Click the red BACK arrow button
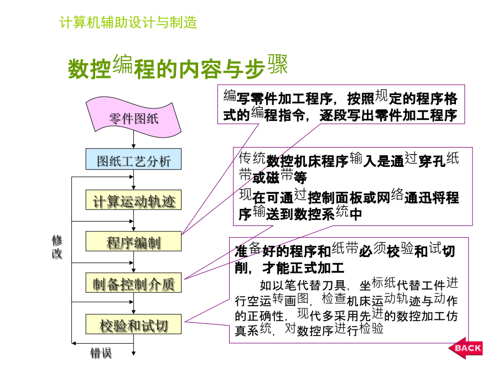pyautogui.click(x=465, y=348)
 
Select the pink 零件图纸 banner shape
pyautogui.click(x=133, y=118)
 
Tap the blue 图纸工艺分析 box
pyautogui.click(x=133, y=159)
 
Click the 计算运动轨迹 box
pyautogui.click(x=133, y=200)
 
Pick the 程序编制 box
pyautogui.click(x=133, y=241)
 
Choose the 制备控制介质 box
pyautogui.click(x=133, y=282)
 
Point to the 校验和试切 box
pyautogui.click(x=133, y=324)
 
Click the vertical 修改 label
pyautogui.click(x=57, y=247)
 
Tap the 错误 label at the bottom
pyautogui.click(x=101, y=353)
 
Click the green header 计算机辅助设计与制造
pyautogui.click(x=128, y=22)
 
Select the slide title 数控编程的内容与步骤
pyautogui.click(x=178, y=67)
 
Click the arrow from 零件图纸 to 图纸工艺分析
pyautogui.click(x=133, y=140)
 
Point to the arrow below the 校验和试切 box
pyautogui.click(x=133, y=345)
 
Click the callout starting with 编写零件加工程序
pyautogui.click(x=341, y=104)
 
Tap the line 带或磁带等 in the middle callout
pyautogui.click(x=273, y=176)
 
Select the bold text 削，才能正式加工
pyautogui.click(x=289, y=268)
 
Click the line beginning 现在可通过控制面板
pyautogui.click(x=349, y=196)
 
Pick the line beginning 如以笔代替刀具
pyautogui.click(x=359, y=284)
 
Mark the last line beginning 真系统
pyautogui.click(x=309, y=329)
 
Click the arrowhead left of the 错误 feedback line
pyautogui.click(x=74, y=344)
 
